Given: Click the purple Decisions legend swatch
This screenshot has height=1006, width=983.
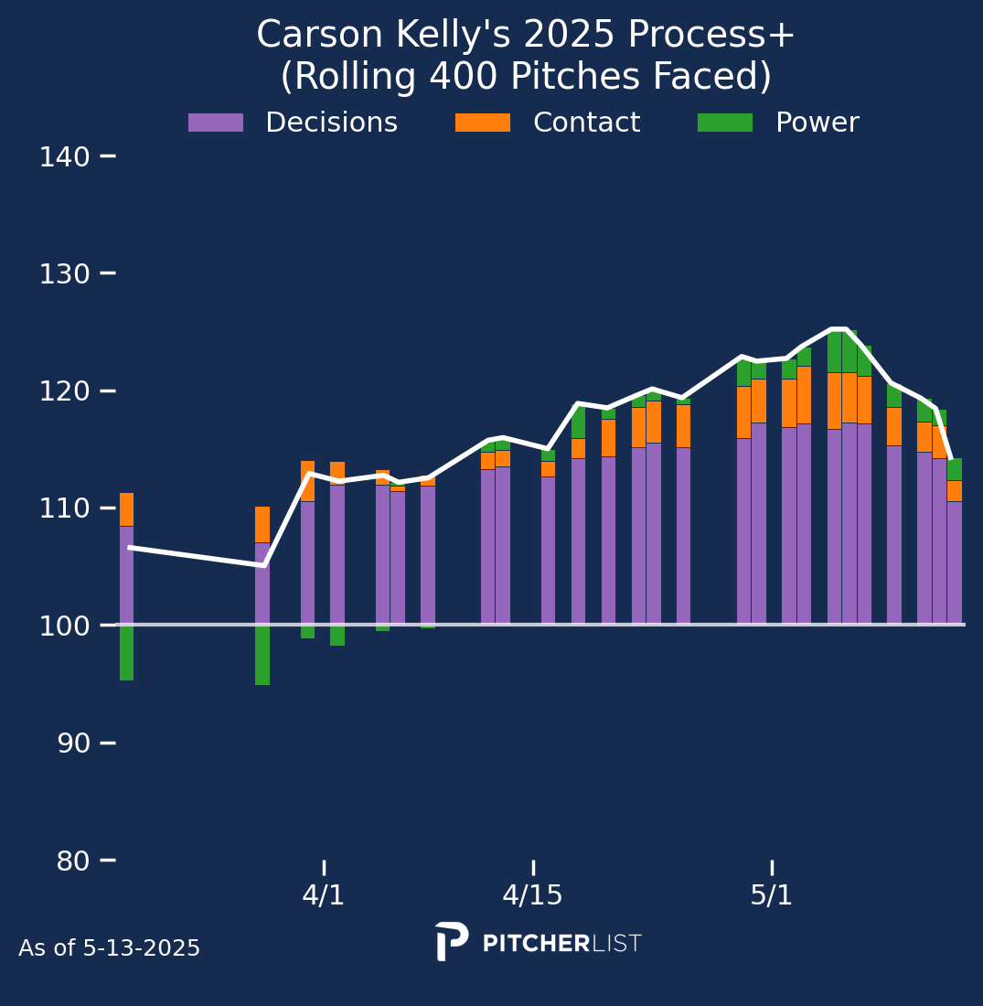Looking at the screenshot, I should pyautogui.click(x=216, y=123).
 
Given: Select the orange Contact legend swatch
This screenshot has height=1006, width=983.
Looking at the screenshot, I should pyautogui.click(x=483, y=123).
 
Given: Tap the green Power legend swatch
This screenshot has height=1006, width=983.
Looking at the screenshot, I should pyautogui.click(x=725, y=123).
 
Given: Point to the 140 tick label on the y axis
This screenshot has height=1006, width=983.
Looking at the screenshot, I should pyautogui.click(x=64, y=157).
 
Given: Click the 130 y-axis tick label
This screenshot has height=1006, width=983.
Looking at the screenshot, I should pyautogui.click(x=64, y=274).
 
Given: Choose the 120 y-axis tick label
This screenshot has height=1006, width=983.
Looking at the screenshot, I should pyautogui.click(x=64, y=391).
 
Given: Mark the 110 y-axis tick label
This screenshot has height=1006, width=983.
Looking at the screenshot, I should pyautogui.click(x=64, y=508).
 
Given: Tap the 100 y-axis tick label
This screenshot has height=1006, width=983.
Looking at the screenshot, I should pyautogui.click(x=64, y=626).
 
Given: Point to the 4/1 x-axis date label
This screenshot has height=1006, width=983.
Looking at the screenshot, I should pyautogui.click(x=324, y=895).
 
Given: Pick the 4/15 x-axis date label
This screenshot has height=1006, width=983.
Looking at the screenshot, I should pyautogui.click(x=532, y=895).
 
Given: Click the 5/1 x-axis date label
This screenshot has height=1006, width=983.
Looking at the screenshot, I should pyautogui.click(x=772, y=895).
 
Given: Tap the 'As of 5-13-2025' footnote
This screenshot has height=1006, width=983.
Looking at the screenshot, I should pyautogui.click(x=109, y=949).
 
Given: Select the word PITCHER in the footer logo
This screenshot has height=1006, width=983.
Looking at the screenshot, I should pyautogui.click(x=536, y=944).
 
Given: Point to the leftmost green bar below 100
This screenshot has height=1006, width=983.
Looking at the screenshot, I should pyautogui.click(x=126, y=652).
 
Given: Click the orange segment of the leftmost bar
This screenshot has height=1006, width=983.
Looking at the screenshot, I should pyautogui.click(x=126, y=509).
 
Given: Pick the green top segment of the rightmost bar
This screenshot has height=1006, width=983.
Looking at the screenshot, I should pyautogui.click(x=954, y=469).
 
